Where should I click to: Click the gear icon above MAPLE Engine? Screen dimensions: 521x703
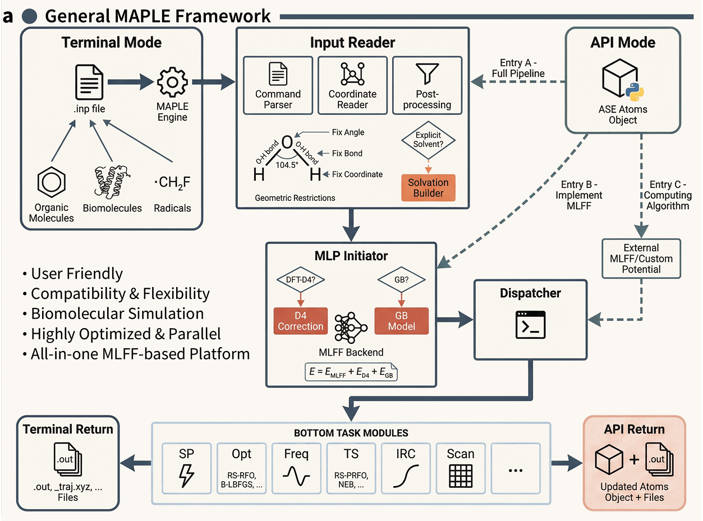pos(173,82)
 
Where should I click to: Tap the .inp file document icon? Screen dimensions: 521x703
pos(89,82)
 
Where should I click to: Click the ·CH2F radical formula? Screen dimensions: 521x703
pos(172,183)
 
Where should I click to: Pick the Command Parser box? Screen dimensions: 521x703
pos(278,85)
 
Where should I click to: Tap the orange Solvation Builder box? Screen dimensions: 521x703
pos(428,188)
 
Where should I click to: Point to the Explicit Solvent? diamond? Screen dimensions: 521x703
pos(428,140)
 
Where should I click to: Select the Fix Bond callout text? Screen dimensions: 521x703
pos(347,153)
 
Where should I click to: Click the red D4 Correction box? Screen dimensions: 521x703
pos(300,321)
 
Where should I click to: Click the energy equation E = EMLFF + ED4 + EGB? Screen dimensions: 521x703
pos(351,372)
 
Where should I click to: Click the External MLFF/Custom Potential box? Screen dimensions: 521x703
pos(641,259)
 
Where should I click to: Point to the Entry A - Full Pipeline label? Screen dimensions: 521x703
pos(518,68)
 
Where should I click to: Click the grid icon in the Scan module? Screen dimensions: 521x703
pos(460,476)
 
